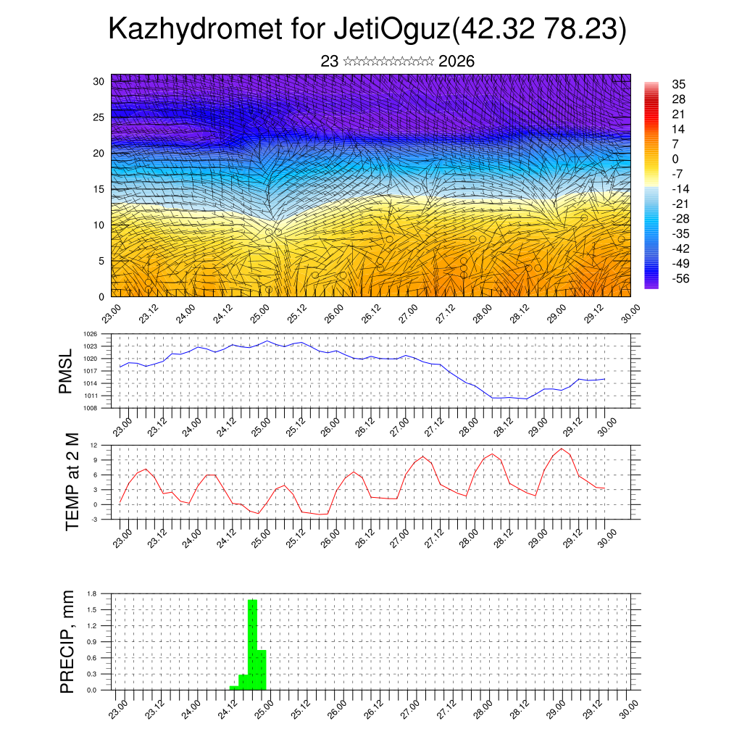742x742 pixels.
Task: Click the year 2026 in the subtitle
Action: click(x=457, y=62)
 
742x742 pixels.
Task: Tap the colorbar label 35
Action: click(x=678, y=85)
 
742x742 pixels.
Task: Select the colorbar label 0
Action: click(x=675, y=159)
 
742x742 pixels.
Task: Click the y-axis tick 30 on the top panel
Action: click(x=99, y=81)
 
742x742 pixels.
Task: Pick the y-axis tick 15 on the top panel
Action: click(x=99, y=189)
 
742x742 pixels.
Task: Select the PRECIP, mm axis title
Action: click(x=67, y=641)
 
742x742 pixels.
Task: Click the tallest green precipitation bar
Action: click(x=253, y=644)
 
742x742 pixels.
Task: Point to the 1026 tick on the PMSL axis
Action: click(x=90, y=334)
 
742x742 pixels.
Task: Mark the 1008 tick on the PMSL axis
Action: click(x=90, y=408)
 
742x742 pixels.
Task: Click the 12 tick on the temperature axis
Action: click(x=93, y=445)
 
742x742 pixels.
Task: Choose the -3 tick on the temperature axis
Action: click(x=93, y=520)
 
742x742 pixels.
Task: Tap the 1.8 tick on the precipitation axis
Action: click(x=91, y=593)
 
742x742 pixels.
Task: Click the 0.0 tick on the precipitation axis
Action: click(x=91, y=691)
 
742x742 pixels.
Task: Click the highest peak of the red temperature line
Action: click(x=561, y=449)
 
